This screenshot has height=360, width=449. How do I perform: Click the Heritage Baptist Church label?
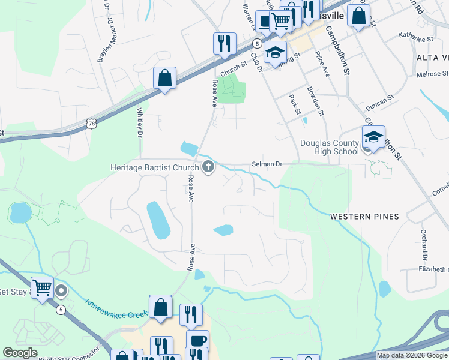point(155,168)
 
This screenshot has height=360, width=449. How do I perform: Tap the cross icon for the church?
point(208,167)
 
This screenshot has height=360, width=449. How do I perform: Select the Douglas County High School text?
point(330,147)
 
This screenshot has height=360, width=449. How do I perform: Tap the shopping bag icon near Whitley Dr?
point(164,78)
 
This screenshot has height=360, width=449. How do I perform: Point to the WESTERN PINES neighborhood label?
point(364,216)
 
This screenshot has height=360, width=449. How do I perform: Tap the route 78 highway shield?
point(91,123)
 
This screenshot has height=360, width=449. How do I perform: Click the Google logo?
point(20,353)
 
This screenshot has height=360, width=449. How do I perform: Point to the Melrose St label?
point(432,73)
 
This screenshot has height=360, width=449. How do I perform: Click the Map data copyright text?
point(412,355)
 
